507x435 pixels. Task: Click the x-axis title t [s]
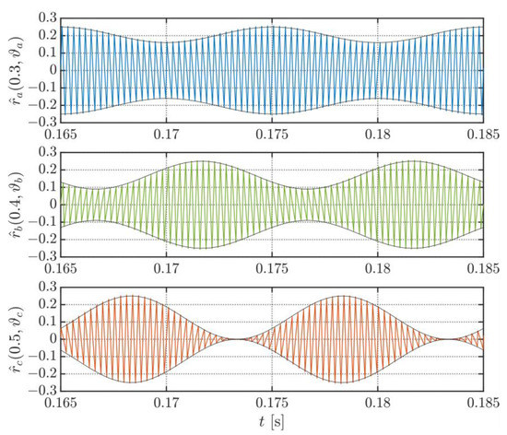click(271, 422)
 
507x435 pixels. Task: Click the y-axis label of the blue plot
click(17, 70)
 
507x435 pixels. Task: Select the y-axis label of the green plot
click(17, 205)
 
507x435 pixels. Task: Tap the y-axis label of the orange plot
click(17, 339)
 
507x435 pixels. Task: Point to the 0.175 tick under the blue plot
click(272, 135)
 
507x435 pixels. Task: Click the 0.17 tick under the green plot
click(166, 269)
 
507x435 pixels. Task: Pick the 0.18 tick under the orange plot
click(378, 404)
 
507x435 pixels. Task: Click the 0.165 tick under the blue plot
click(61, 135)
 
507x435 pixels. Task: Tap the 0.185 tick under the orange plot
click(483, 404)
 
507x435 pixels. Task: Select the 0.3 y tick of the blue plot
click(48, 18)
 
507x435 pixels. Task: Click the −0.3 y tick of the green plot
click(42, 257)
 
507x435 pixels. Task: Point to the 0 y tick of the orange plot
click(53, 339)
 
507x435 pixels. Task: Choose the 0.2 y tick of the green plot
click(48, 170)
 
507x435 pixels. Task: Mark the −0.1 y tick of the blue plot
click(42, 88)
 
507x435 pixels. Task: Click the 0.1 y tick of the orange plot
click(48, 322)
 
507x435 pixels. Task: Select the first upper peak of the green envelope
click(201, 161)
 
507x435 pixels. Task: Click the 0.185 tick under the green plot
click(483, 269)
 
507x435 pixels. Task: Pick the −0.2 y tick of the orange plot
click(42, 374)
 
